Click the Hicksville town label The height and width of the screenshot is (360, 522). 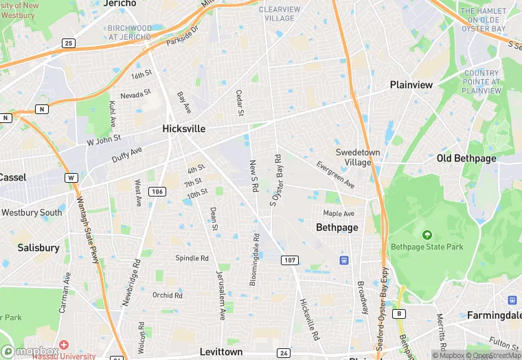point(184,128)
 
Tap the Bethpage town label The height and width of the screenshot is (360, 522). point(337,227)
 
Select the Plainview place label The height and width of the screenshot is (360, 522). point(411,85)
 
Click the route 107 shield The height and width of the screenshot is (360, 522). point(290,260)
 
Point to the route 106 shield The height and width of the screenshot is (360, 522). point(157,191)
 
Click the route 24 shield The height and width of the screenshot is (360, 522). point(283,353)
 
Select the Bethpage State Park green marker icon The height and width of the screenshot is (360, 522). point(427,235)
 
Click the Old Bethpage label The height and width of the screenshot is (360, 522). point(466,159)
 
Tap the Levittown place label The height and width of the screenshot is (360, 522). point(221,352)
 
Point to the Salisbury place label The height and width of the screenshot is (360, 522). point(38,247)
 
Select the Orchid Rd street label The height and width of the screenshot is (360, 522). point(168,295)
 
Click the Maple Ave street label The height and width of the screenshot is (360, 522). point(339,214)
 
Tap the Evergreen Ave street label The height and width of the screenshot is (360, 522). point(335,175)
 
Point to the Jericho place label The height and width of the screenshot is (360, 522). point(120,3)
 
